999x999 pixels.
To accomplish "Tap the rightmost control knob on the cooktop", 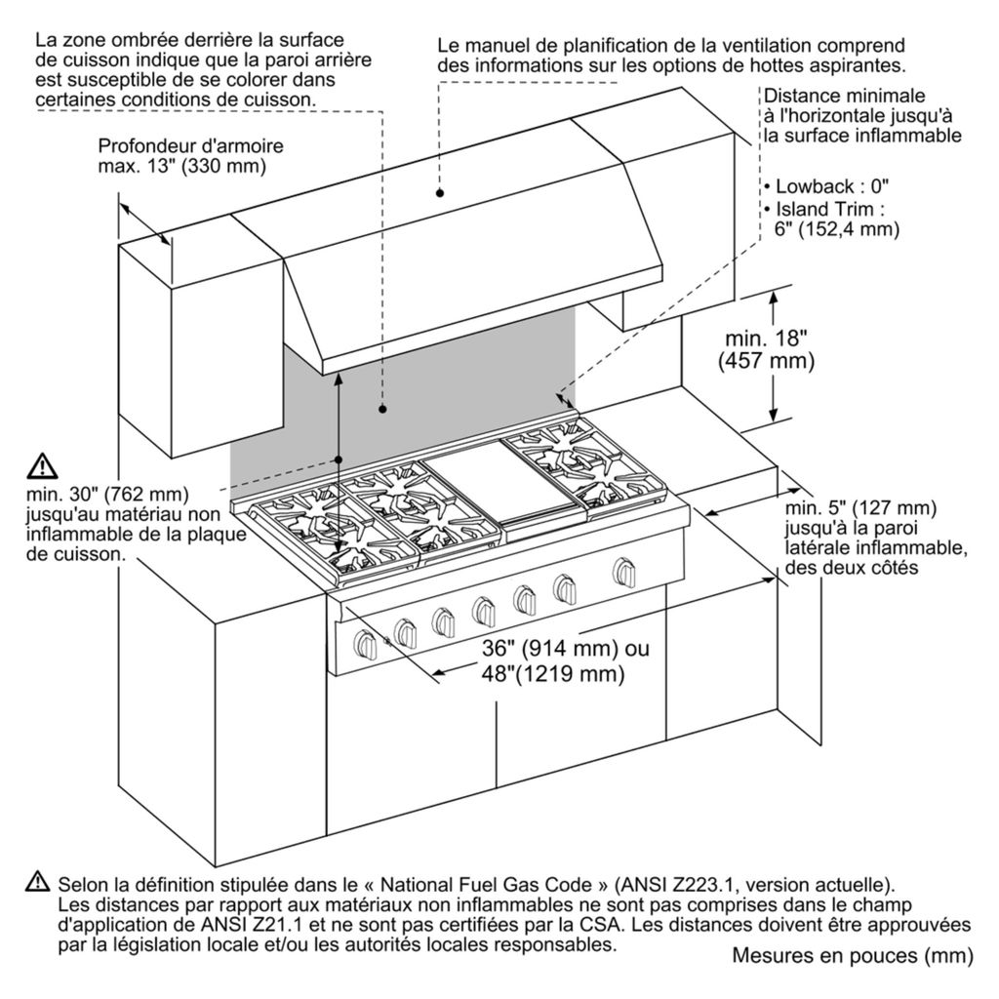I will [621, 570].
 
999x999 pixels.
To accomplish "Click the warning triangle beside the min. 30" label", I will [44, 464].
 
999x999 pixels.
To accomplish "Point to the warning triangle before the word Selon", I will [38, 882].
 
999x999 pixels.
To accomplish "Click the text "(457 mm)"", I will [766, 360].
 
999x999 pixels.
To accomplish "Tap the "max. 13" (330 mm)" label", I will [181, 166].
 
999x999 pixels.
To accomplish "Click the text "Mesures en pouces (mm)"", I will [852, 957].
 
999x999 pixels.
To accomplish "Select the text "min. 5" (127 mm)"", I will [860, 508].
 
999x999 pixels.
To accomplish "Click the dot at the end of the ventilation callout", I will [441, 195].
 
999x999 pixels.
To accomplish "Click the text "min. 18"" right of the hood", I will [767, 339].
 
